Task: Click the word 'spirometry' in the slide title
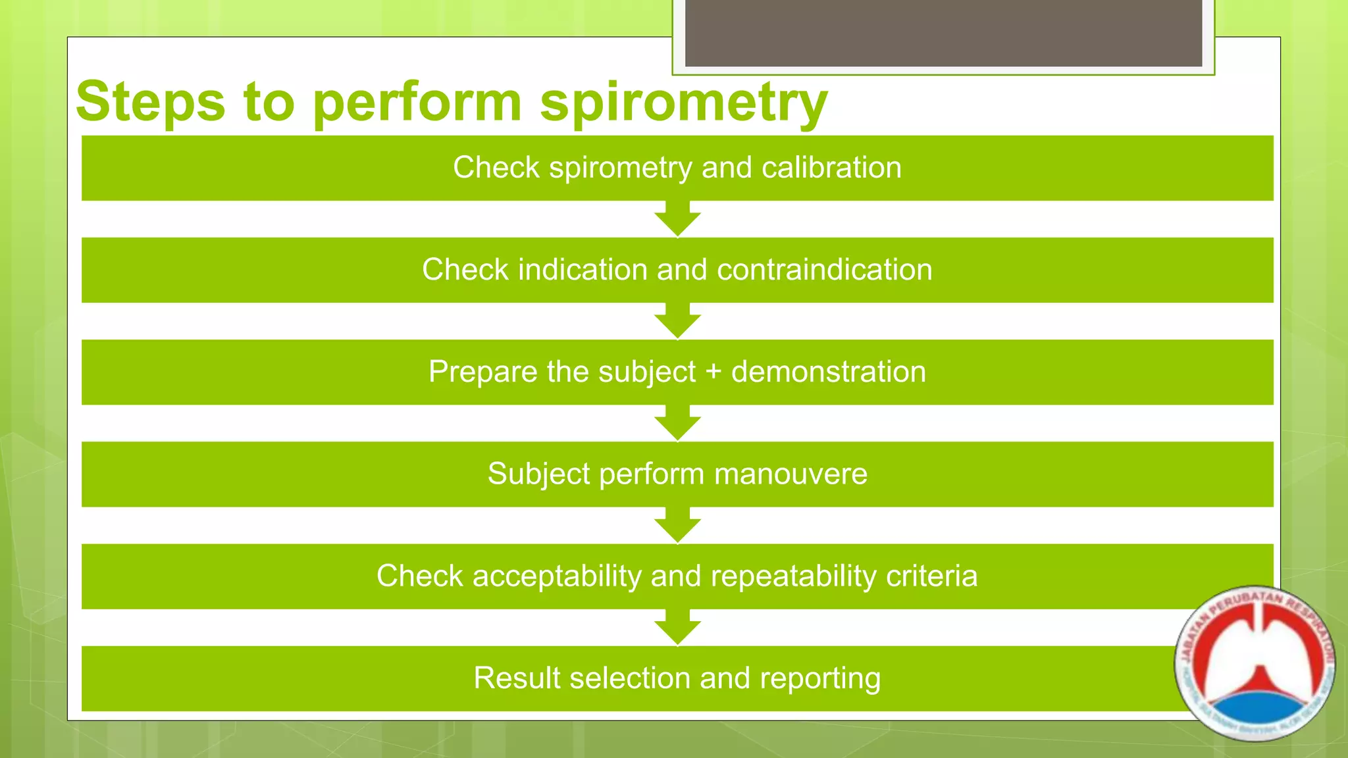click(683, 104)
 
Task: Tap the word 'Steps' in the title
click(150, 102)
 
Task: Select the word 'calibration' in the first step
click(831, 168)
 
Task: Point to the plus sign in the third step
click(713, 372)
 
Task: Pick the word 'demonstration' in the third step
click(829, 372)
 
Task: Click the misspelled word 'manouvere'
click(791, 474)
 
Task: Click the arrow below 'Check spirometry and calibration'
click(677, 219)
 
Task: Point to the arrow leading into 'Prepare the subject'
click(677, 321)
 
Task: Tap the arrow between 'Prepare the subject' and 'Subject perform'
click(677, 423)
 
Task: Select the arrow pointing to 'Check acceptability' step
click(677, 525)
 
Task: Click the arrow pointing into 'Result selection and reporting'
click(677, 627)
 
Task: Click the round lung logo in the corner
click(1255, 663)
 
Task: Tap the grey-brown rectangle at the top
click(943, 33)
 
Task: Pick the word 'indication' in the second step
click(583, 270)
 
